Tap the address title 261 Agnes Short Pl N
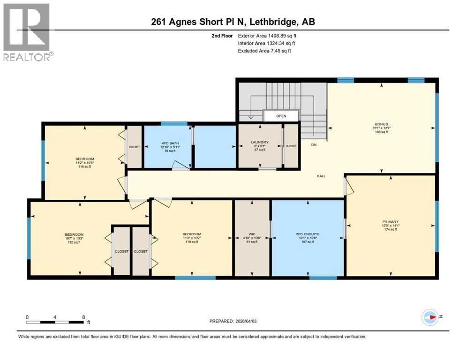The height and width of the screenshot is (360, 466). [x=233, y=22]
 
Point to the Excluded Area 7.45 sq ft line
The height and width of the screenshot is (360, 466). [x=264, y=51]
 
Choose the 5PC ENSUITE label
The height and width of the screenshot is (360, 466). [x=308, y=234]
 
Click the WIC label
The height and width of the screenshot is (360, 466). [x=252, y=234]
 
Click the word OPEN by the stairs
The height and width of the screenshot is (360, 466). [x=280, y=116]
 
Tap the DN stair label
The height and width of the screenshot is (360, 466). [x=314, y=145]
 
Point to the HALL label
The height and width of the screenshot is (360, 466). [x=321, y=176]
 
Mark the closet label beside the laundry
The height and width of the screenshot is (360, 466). [x=291, y=146]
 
